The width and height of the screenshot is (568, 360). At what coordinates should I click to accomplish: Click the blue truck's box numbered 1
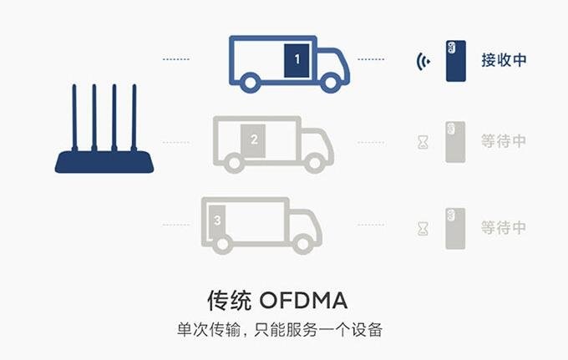296,61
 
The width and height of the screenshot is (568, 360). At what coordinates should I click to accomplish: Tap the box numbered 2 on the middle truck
254,139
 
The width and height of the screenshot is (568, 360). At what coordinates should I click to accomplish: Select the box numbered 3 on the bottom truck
217,221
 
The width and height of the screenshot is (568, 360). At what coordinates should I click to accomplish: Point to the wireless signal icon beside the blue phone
423,61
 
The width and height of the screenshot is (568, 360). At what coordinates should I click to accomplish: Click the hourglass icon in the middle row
423,142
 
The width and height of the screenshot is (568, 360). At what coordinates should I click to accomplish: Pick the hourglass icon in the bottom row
423,226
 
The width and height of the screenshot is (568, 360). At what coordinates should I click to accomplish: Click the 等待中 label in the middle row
504,141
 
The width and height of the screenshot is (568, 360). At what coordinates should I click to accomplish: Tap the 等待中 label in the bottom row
504,226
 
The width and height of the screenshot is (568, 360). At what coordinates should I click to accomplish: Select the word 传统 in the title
229,299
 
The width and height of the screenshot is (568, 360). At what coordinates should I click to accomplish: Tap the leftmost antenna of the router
74,117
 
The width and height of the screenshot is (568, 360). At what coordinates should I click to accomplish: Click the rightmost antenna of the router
133,117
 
